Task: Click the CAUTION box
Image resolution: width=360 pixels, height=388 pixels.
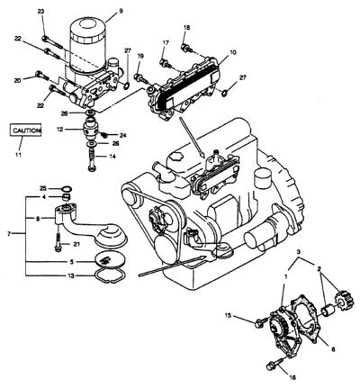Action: pyautogui.click(x=25, y=130)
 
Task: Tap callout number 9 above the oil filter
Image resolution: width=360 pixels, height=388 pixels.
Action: pyautogui.click(x=121, y=11)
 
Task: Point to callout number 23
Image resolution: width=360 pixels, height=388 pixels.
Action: pyautogui.click(x=40, y=12)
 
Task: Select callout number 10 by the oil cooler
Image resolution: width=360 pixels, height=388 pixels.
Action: pyautogui.click(x=233, y=52)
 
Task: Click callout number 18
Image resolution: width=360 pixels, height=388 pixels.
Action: pyautogui.click(x=186, y=28)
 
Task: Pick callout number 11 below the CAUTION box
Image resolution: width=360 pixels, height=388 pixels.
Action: pyautogui.click(x=19, y=155)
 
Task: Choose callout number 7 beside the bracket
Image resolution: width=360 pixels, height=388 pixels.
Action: pyautogui.click(x=9, y=233)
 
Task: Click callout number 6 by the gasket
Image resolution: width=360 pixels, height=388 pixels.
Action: pyautogui.click(x=333, y=349)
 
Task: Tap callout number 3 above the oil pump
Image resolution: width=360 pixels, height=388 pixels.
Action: pyautogui.click(x=299, y=252)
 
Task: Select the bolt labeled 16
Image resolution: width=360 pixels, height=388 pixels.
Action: pyautogui.click(x=274, y=364)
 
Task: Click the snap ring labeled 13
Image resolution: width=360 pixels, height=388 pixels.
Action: pyautogui.click(x=111, y=275)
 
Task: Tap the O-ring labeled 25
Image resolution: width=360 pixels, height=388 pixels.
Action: pyautogui.click(x=67, y=189)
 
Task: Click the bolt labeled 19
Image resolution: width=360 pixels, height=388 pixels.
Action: pyautogui.click(x=141, y=78)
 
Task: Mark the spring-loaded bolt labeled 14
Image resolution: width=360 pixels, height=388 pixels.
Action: pyautogui.click(x=93, y=160)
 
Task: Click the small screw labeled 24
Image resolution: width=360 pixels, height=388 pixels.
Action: pyautogui.click(x=104, y=134)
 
